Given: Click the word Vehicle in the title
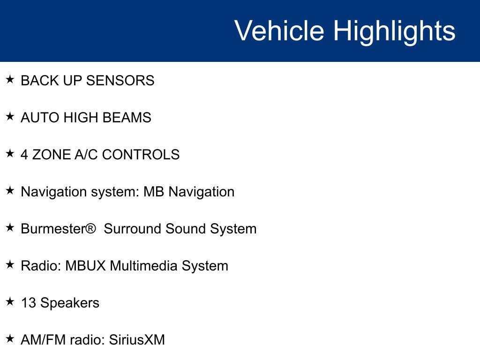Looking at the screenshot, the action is pos(279,30).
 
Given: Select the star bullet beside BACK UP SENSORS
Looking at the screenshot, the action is pos(10,79).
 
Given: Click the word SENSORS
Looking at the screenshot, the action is pos(120,81).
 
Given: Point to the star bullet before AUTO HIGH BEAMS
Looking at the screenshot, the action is pos(10,116).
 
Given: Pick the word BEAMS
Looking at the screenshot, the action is pos(127,118).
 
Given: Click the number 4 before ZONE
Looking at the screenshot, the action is pos(24,155).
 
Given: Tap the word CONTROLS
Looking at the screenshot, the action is pos(141,155).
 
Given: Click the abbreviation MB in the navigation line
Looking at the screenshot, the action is pos(154,192).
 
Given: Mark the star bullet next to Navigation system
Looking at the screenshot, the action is pos(10,190).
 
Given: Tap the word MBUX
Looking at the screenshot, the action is pos(85,266).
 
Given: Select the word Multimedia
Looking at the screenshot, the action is pos(143,266).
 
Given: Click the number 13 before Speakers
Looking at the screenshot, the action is pos(29,303).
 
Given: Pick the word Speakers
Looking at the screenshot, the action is pos(70,303).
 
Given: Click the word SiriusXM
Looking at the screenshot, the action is pos(137,340).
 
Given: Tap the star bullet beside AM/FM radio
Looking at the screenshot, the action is pos(10,338).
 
